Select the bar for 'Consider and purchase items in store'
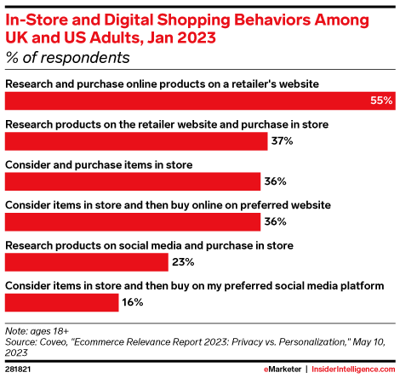click(132, 181)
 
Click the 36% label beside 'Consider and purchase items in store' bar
click(275, 181)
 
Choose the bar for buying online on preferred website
click(132, 222)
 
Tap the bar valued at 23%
click(86, 262)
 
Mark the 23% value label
click(184, 262)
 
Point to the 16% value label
click(133, 302)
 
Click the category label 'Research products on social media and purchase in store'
click(150, 244)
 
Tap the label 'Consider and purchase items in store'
click(98, 163)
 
